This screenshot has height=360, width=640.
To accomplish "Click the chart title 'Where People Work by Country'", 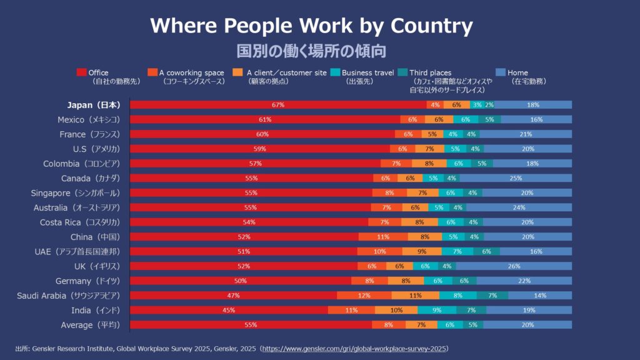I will pos(311,26).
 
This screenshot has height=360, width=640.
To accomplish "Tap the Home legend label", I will pos(518,72).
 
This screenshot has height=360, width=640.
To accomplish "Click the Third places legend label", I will pos(430,72).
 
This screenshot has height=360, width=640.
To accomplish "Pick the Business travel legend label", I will pos(367,72).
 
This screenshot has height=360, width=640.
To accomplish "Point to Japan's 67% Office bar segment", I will pos(278,105).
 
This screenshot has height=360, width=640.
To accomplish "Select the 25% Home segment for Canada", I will pos(516,178).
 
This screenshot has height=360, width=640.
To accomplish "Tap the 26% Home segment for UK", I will pos(514,266).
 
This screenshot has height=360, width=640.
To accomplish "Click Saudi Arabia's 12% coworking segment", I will pos(364,296).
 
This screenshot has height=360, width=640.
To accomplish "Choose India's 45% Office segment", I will pos(229,310).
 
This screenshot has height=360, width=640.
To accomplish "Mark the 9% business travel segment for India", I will pos(437,310).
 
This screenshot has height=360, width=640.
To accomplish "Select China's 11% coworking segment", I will pos(383,237).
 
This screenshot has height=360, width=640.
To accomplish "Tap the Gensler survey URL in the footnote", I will pos(355,348).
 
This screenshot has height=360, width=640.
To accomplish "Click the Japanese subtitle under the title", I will pos(311,50).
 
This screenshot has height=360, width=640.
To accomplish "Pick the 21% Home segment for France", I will pos(525,134).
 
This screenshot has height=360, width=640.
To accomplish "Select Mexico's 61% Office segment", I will pos(265,119).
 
